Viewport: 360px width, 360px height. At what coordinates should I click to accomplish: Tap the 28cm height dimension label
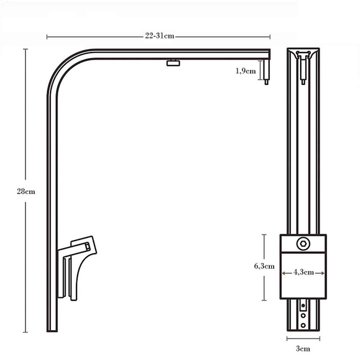coord(26,191)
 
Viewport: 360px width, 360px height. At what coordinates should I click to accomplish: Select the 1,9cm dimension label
coord(246,71)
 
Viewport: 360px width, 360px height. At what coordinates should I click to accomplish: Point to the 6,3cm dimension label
coord(264,266)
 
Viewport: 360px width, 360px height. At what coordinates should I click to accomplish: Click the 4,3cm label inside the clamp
coord(303,273)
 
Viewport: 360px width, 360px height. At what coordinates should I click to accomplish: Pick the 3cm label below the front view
coord(303,348)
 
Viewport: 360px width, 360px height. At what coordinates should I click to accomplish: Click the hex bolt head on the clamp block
coord(303,244)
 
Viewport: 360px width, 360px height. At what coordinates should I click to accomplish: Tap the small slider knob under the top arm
coord(173,63)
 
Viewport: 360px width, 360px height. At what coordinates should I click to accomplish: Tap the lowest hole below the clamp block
coord(303,325)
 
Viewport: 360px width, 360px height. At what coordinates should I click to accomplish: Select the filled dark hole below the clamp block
coord(303,306)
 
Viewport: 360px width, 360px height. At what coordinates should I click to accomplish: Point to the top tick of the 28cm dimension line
coord(26,49)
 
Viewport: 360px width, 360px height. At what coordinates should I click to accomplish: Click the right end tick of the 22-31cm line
coord(270,36)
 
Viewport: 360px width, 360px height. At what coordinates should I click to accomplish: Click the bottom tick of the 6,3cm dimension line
coord(265,300)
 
